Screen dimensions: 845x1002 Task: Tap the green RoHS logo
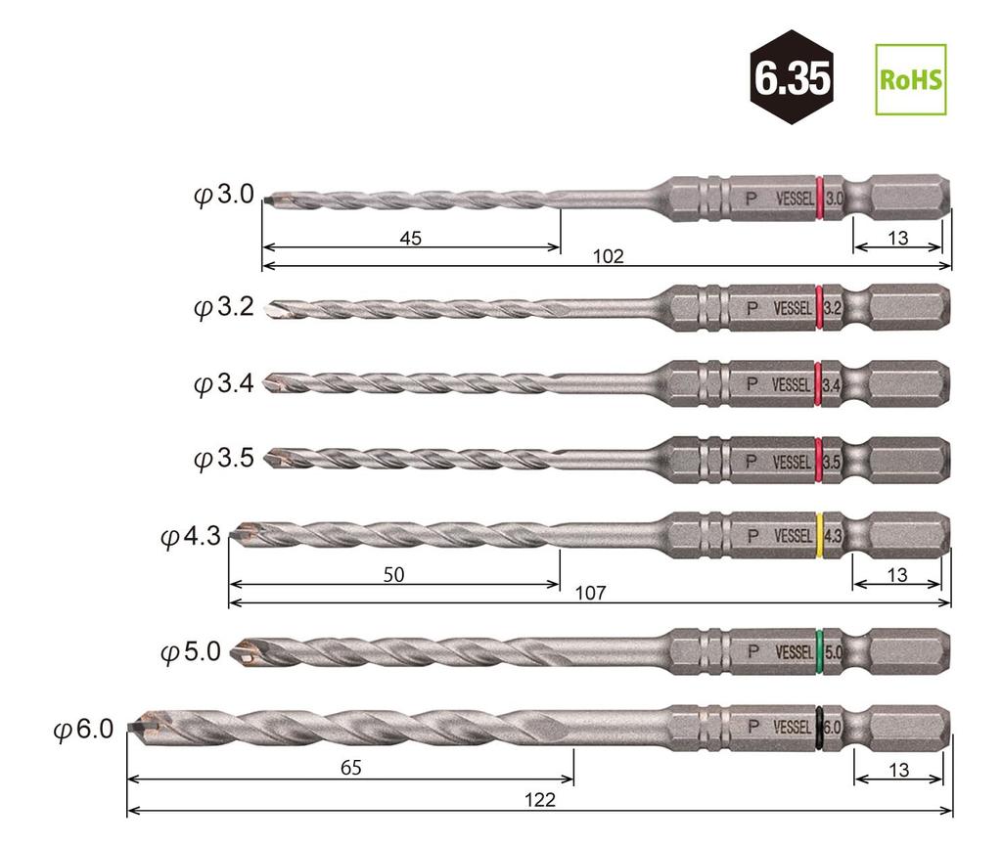tap(910, 79)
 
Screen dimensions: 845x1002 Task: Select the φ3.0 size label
tap(224, 196)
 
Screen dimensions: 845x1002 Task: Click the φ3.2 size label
tap(224, 307)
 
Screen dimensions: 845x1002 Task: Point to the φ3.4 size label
tap(224, 383)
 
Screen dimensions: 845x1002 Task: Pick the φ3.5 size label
tap(224, 458)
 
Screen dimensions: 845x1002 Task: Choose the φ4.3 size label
tap(191, 536)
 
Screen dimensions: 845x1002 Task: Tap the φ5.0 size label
tap(191, 651)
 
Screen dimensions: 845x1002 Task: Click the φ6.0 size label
tap(84, 729)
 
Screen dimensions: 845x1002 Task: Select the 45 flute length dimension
tap(410, 238)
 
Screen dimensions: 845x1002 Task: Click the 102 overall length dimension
tap(608, 257)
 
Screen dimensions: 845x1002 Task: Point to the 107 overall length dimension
tap(591, 593)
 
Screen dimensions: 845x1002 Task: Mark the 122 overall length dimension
tap(539, 800)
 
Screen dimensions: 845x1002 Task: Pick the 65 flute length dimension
tap(350, 769)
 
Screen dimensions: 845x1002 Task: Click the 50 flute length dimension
tap(393, 575)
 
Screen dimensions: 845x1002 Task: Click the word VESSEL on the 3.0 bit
tap(794, 199)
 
